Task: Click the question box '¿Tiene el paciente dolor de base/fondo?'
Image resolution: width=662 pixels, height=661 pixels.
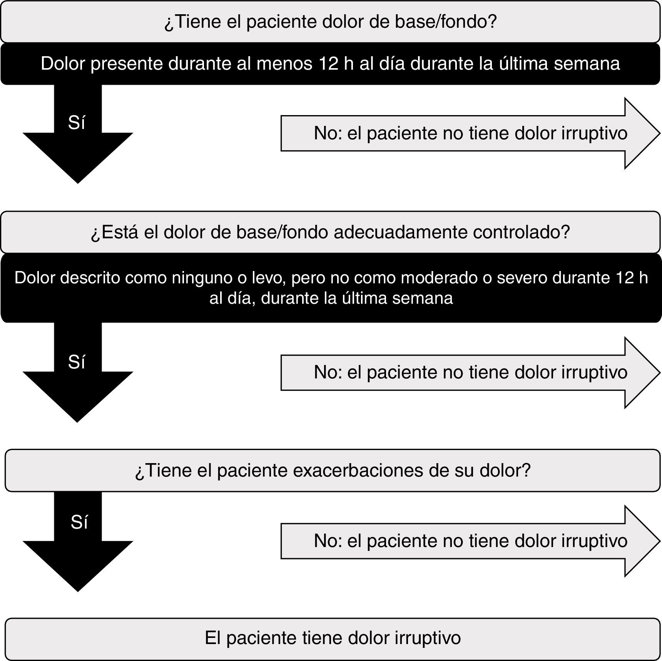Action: tap(330, 22)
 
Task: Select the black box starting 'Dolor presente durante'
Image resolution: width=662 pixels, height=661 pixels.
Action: tap(330, 64)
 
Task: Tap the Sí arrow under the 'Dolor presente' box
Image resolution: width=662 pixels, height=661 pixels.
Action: tap(77, 133)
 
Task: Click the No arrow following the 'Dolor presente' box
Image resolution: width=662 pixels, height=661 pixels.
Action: tap(470, 133)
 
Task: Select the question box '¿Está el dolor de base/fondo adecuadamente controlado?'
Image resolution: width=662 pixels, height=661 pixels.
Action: tap(330, 232)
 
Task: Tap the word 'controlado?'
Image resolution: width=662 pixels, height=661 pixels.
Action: tap(521, 232)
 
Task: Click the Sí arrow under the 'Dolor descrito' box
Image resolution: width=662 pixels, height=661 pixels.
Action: tap(77, 372)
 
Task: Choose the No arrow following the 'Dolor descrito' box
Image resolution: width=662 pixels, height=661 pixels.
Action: tap(470, 372)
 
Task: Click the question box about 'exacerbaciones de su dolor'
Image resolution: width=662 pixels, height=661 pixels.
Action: tap(333, 470)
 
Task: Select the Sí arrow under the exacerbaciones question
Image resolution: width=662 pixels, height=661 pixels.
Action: tap(77, 541)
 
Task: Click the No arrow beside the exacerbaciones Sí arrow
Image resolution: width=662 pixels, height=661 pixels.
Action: tap(470, 541)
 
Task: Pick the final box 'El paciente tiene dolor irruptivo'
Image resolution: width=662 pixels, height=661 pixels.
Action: tap(333, 638)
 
